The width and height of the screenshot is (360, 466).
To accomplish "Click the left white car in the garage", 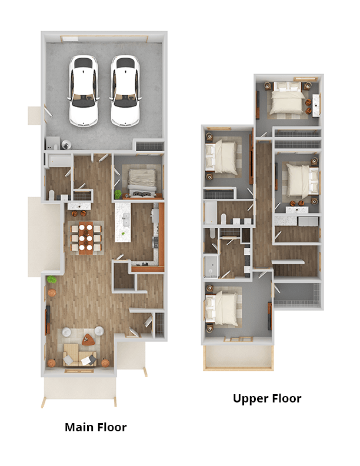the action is click(84, 91).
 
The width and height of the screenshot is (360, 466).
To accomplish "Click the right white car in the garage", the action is click(125, 91).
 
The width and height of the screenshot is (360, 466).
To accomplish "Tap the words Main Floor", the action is click(96, 427).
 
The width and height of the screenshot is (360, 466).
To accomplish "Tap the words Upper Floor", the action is click(267, 398).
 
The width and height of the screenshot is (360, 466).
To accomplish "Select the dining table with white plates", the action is click(85, 238).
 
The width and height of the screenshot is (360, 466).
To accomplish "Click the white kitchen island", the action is click(123, 222).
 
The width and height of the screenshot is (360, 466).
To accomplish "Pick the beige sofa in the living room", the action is click(79, 355).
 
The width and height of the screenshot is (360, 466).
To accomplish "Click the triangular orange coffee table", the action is click(88, 339).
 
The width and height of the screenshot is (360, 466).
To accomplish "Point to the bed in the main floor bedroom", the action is click(142, 182).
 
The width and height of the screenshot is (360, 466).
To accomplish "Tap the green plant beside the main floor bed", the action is click(118, 194).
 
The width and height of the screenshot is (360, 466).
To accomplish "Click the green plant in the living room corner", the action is click(52, 279).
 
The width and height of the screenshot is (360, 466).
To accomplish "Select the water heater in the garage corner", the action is click(66, 145).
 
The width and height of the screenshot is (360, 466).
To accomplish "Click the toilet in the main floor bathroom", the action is click(52, 195).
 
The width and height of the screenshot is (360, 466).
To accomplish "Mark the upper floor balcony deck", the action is click(238, 358).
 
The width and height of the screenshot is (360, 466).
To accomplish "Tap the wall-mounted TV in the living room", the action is click(47, 321).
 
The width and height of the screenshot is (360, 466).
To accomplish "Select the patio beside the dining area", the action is click(45, 237).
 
